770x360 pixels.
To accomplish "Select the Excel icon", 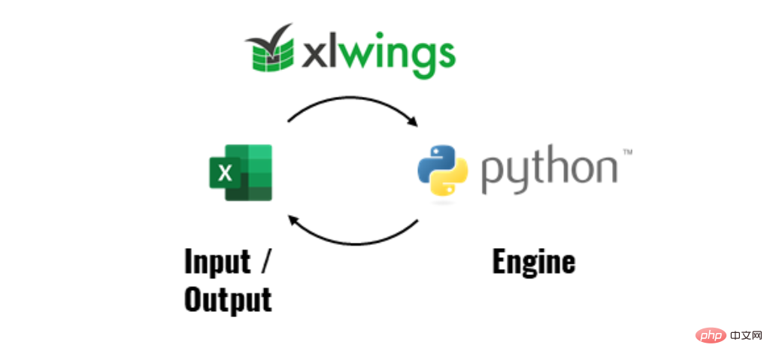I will (x=240, y=172).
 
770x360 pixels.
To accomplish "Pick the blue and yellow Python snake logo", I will (x=443, y=171).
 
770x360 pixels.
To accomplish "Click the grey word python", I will (x=548, y=171).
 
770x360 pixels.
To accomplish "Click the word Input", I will (x=217, y=262).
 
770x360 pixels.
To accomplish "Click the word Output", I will (x=227, y=300).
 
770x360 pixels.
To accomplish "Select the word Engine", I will (x=533, y=262).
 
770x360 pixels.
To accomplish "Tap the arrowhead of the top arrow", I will (x=412, y=123).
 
